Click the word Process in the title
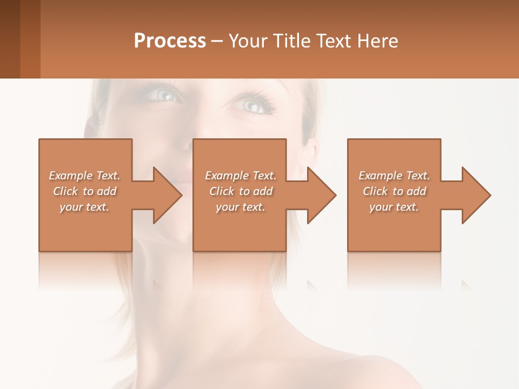(x=170, y=41)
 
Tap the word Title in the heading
(x=291, y=41)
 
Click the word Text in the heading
(x=334, y=41)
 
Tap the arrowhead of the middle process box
(x=321, y=195)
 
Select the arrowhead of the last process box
(x=476, y=195)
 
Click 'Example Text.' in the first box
(x=84, y=176)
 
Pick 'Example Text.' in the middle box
(x=241, y=176)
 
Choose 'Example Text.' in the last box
(x=394, y=176)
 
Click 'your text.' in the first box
(x=84, y=207)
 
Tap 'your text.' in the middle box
(x=241, y=207)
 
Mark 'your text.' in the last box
(x=394, y=207)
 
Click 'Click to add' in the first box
(x=84, y=191)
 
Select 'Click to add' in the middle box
(x=241, y=191)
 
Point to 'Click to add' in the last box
(x=394, y=191)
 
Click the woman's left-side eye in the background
(x=165, y=96)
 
